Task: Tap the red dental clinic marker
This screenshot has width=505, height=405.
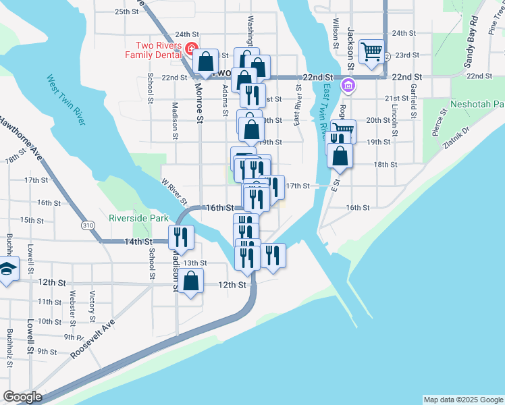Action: point(191,49)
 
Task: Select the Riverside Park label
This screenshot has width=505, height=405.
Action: point(138,219)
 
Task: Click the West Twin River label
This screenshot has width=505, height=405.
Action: point(65,100)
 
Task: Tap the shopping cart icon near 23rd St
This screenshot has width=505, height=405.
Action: point(371,51)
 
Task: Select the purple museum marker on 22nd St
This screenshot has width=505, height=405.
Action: point(348,85)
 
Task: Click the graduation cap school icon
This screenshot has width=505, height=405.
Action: point(7,269)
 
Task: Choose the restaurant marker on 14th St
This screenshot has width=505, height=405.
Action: point(181,236)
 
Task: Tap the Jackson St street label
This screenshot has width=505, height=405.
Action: point(351,49)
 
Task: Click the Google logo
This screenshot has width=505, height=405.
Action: point(22,397)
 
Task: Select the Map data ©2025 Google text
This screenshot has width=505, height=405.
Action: point(462,400)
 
